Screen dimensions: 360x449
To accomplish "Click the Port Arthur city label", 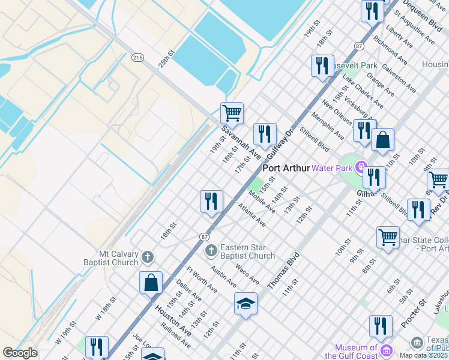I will [x=286, y=169].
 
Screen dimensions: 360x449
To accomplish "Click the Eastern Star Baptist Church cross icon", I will [x=211, y=250].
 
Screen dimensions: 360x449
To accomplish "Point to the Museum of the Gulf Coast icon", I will [x=385, y=349].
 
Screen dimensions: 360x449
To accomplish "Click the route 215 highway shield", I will [x=137, y=57].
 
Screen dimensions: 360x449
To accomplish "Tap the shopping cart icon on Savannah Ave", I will [x=232, y=112].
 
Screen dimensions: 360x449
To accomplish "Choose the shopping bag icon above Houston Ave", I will [x=151, y=282].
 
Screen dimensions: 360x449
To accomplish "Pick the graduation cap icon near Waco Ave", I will [x=246, y=304].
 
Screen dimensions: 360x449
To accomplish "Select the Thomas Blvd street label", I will [x=283, y=271].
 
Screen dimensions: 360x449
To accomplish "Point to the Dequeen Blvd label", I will [x=423, y=13].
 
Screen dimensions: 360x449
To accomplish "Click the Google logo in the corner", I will [x=20, y=352].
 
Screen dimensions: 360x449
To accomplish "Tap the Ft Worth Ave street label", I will [x=202, y=280].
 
